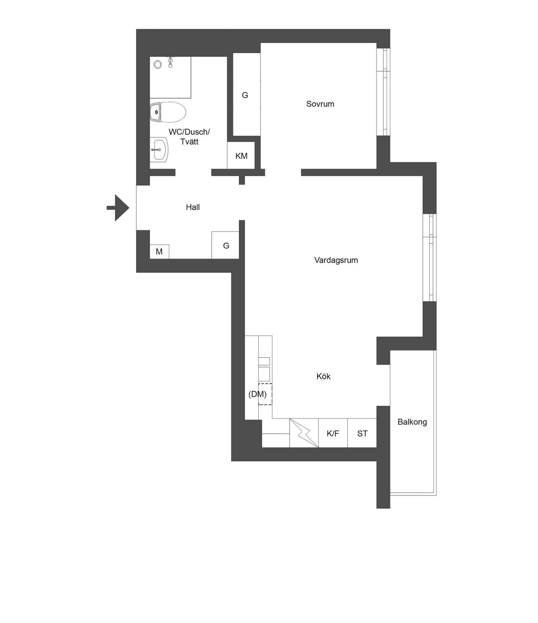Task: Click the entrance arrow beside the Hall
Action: click(x=118, y=208)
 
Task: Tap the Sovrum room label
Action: click(x=320, y=104)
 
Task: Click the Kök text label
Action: click(x=323, y=376)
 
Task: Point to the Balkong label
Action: click(x=412, y=422)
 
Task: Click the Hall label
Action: click(x=193, y=207)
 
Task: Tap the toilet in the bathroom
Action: click(x=168, y=112)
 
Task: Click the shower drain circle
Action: click(x=157, y=64)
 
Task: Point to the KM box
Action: click(x=241, y=155)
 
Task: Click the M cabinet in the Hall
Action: click(x=159, y=252)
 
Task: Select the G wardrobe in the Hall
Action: click(x=225, y=245)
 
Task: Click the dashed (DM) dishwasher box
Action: click(x=265, y=394)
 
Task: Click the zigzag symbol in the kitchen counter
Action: click(x=304, y=433)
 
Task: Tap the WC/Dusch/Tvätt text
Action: click(x=189, y=136)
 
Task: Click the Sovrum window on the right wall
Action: click(x=383, y=92)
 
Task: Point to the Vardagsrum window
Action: click(x=430, y=257)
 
